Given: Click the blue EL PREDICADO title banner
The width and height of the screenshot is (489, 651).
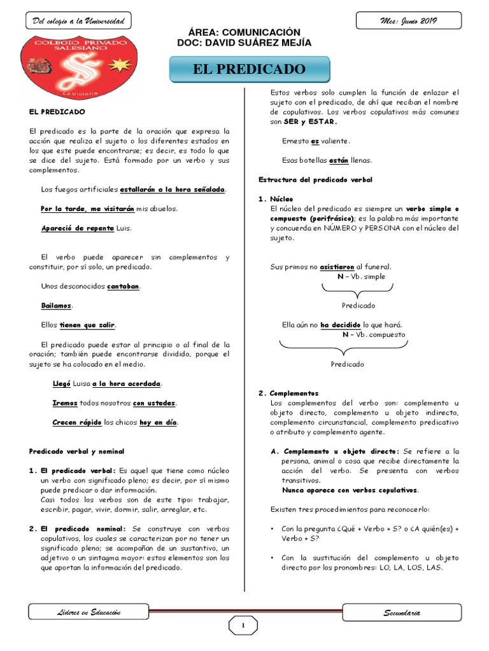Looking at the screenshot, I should (x=250, y=69).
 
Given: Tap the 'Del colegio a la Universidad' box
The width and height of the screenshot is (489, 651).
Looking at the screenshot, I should (x=78, y=22).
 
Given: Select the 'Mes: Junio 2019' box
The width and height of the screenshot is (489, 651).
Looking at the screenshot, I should (x=409, y=22).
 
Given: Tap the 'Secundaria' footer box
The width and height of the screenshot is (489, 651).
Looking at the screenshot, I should (x=402, y=613).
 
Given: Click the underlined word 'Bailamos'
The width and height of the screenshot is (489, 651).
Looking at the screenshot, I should (x=57, y=306).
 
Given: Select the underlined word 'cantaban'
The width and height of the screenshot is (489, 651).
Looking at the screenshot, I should (x=123, y=287).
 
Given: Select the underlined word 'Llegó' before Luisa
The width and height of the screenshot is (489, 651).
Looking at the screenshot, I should (x=61, y=383).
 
